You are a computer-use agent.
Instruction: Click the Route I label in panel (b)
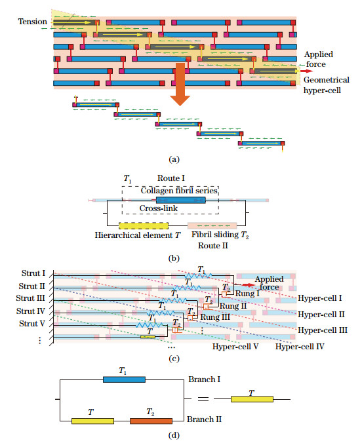[172, 178]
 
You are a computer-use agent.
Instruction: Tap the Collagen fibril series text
[180, 190]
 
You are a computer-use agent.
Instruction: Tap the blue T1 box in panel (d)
[124, 379]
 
